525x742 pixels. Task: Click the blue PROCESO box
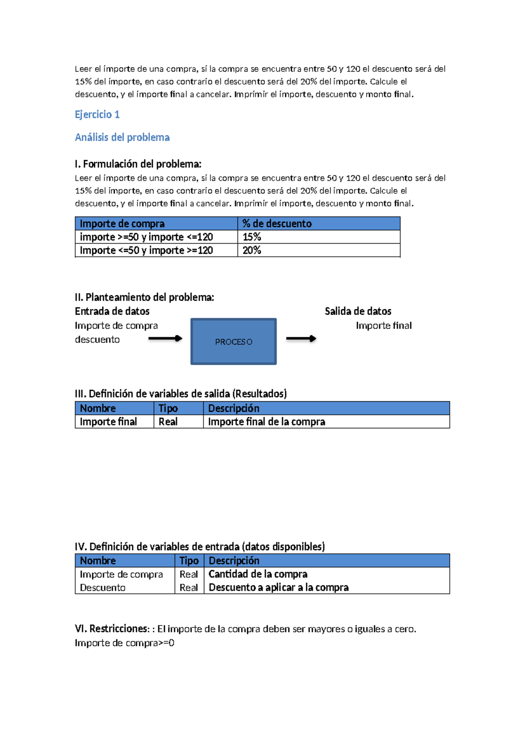233,341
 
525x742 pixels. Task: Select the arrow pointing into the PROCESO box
165,338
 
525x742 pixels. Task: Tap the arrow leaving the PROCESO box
301,339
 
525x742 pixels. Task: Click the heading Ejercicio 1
97,115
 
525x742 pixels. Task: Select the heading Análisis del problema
122,137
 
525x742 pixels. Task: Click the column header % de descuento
277,224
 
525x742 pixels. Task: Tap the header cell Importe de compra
122,224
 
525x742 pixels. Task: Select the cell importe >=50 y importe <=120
146,237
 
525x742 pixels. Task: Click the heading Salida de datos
358,311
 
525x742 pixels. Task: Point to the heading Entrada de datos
112,311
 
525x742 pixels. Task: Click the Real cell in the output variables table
168,422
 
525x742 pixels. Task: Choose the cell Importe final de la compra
266,422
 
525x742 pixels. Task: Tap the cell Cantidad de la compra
258,574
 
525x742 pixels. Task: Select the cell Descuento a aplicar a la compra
278,588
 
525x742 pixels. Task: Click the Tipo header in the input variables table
189,560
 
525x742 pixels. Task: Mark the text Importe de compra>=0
124,643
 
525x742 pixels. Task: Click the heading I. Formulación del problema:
138,164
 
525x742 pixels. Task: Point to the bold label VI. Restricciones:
112,629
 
